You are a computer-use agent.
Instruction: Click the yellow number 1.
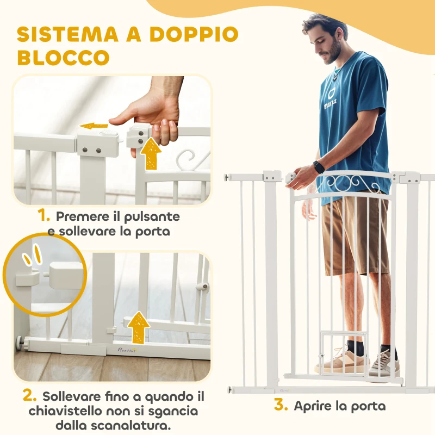point(45,216)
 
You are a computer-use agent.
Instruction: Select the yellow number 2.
point(30,394)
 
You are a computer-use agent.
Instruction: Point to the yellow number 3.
point(281,405)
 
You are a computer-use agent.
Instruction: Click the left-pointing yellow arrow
point(94,126)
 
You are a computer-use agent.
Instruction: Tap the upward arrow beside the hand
point(151,153)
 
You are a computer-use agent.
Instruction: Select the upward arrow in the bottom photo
point(139,327)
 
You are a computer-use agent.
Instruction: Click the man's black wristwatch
point(319,167)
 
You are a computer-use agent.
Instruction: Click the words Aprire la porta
point(339,406)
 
